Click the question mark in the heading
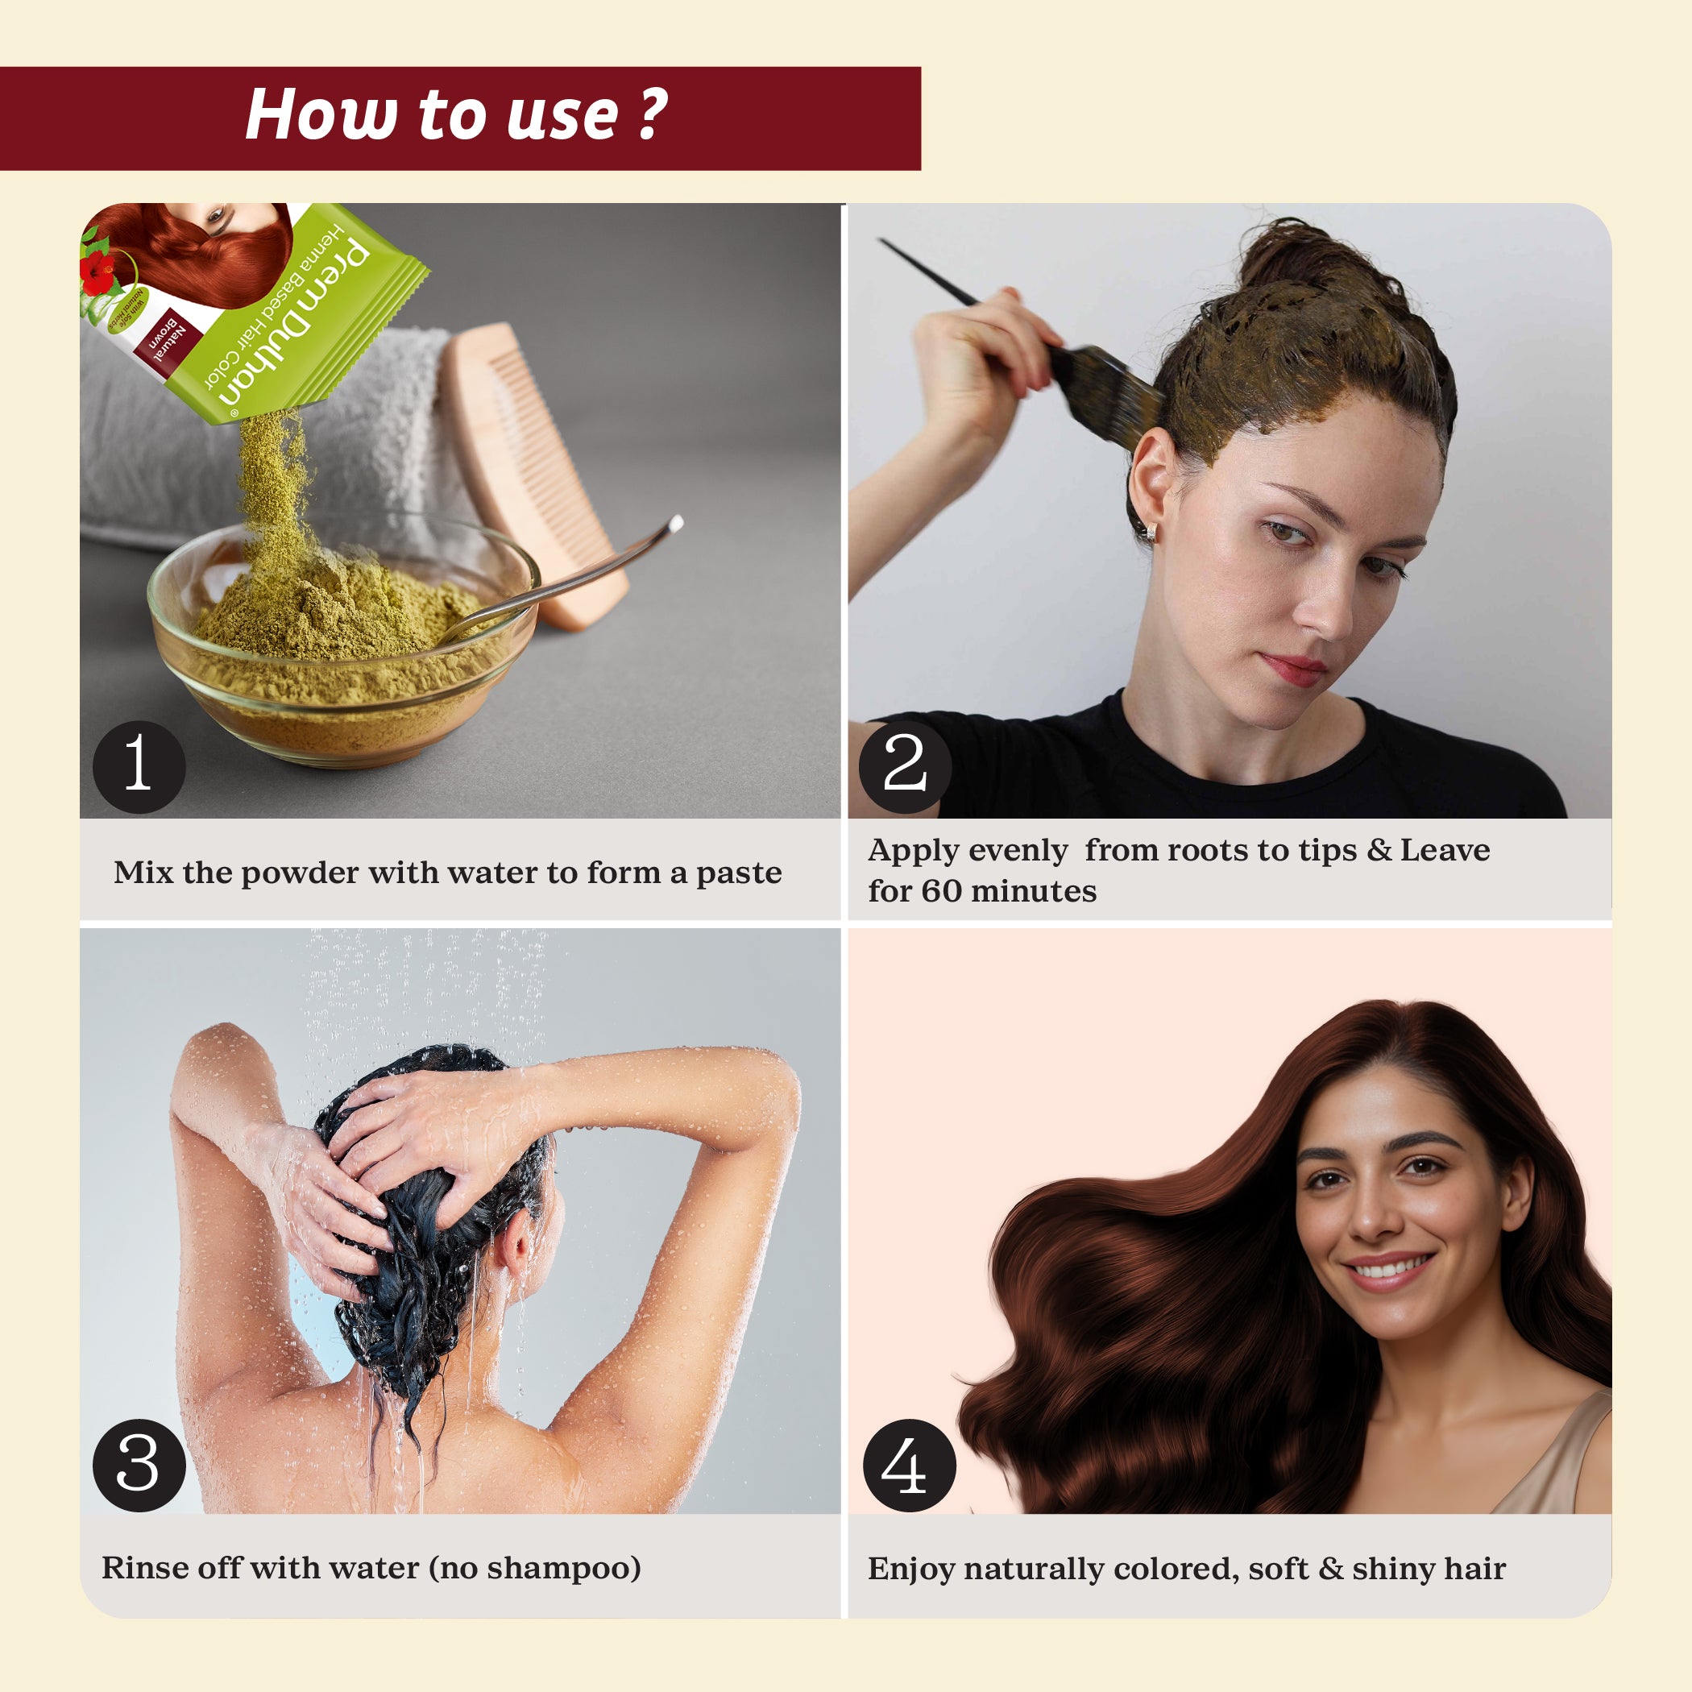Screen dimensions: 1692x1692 tap(653, 114)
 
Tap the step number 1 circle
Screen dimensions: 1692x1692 tap(139, 766)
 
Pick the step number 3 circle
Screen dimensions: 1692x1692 tap(139, 1465)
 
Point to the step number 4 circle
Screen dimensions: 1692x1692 tap(909, 1465)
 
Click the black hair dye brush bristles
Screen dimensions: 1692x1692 tap(1108, 390)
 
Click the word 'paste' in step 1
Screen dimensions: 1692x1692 tap(738, 873)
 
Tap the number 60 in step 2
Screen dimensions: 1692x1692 tap(940, 892)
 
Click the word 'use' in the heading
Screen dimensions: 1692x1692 tap(562, 115)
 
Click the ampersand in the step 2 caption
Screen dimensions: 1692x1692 tap(1379, 850)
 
